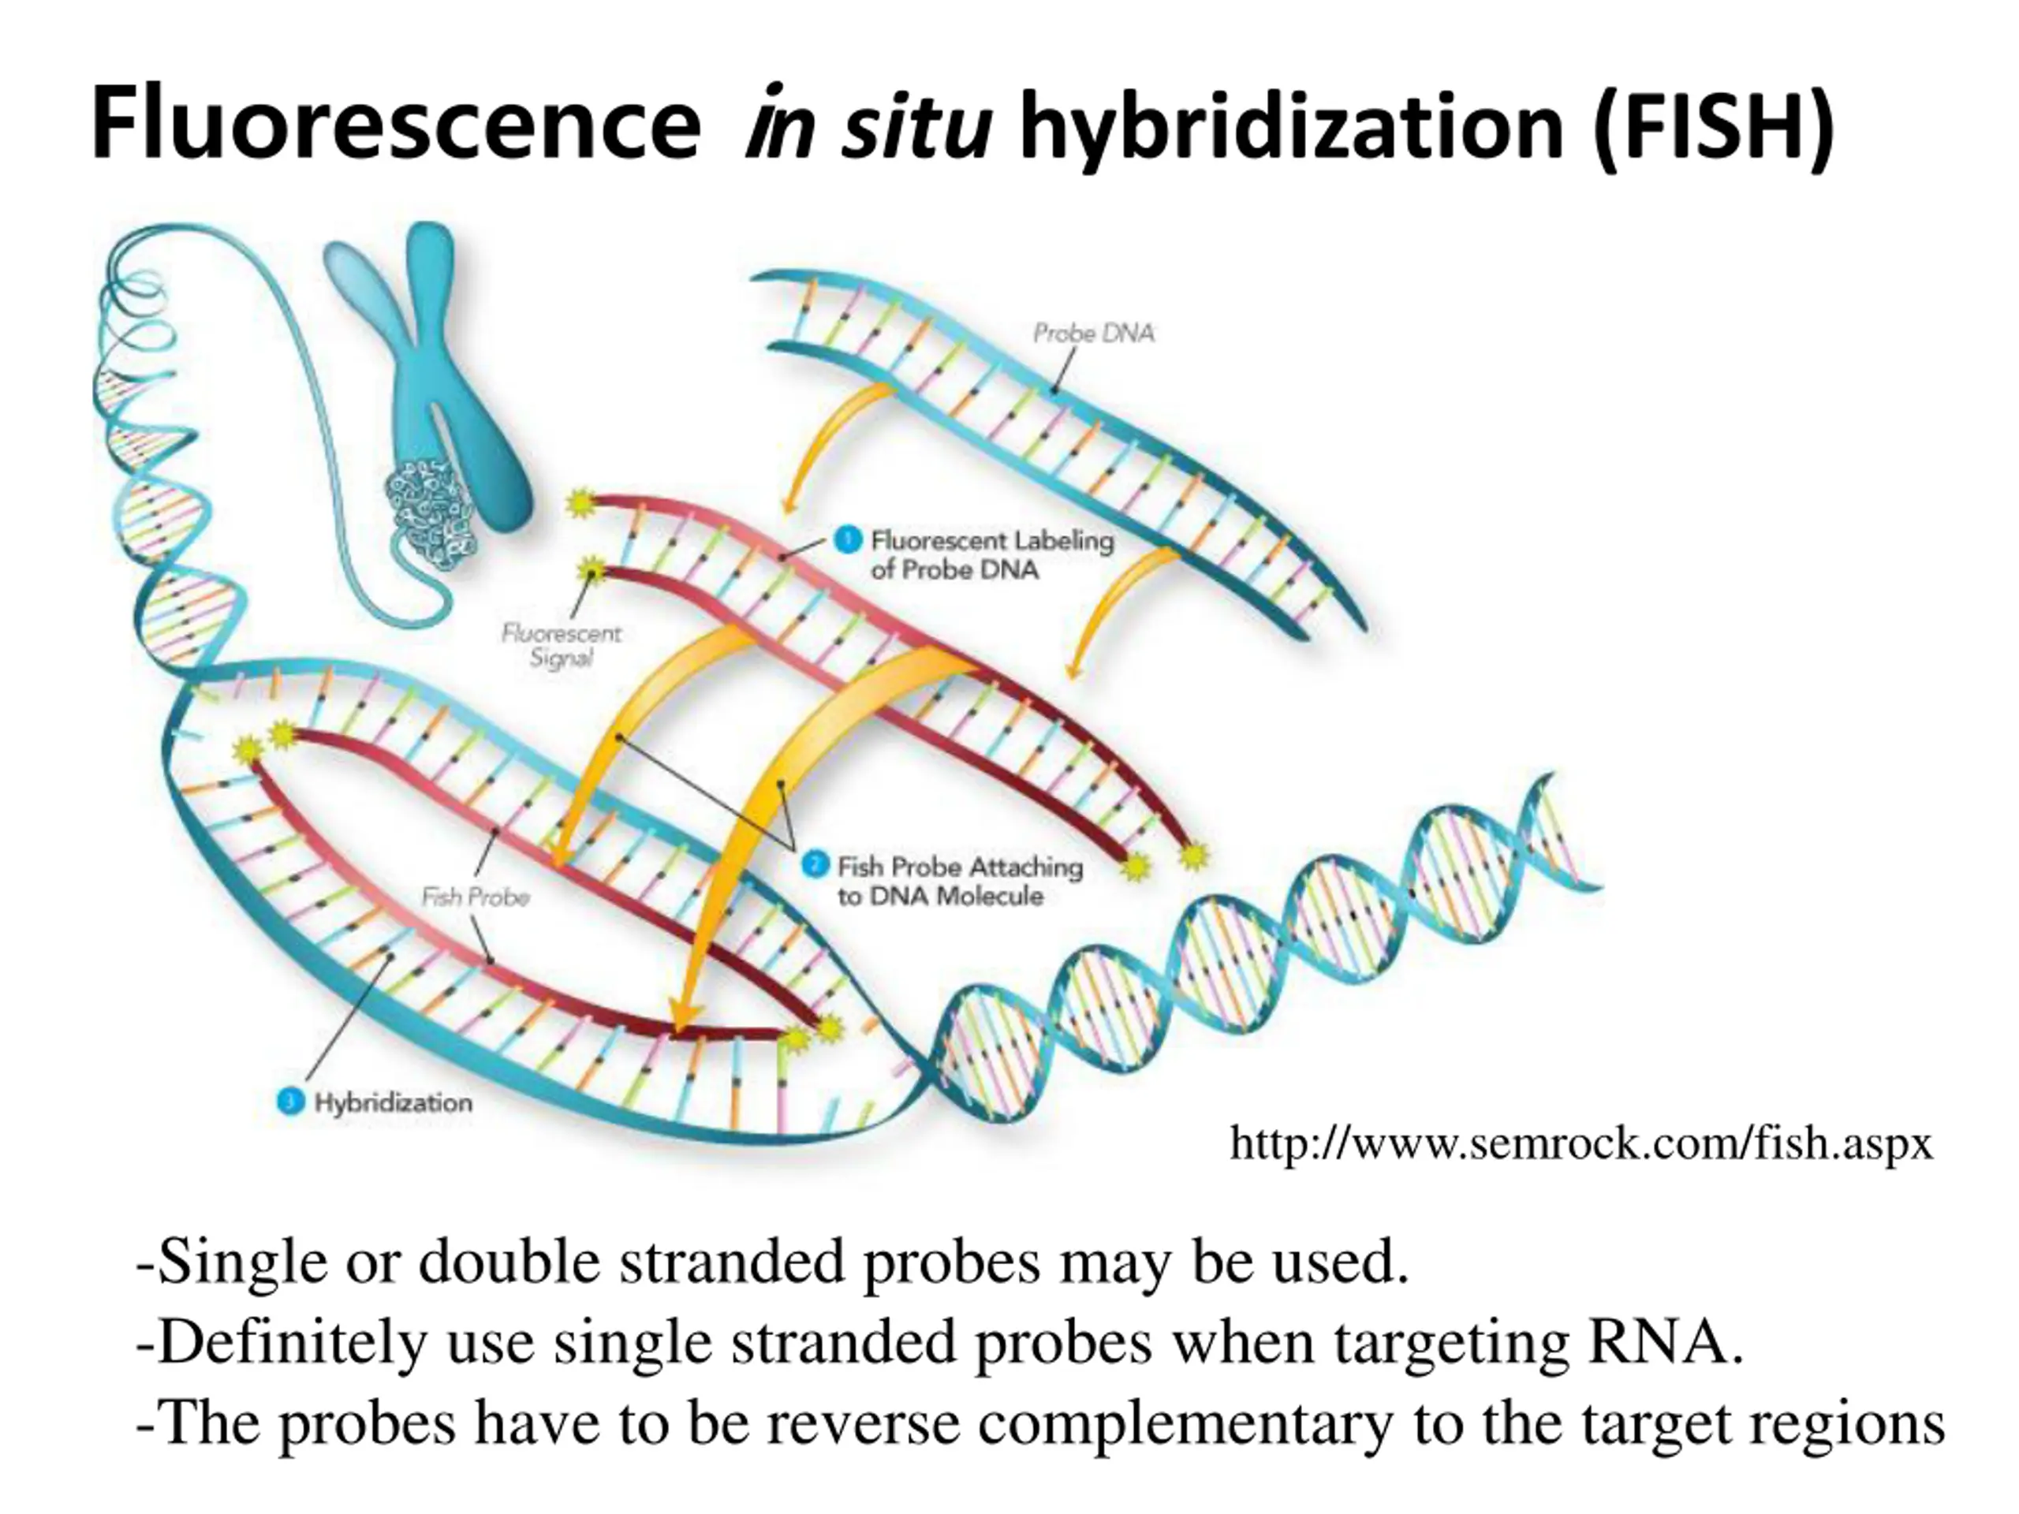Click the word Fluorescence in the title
tap(395, 123)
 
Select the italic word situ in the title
tap(916, 125)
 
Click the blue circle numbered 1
tap(848, 540)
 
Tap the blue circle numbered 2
tap(814, 864)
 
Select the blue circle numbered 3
tap(289, 1102)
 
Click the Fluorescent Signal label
tap(562, 644)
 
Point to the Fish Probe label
tap(476, 897)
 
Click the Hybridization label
tap(394, 1102)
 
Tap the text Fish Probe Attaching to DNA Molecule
tap(959, 881)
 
